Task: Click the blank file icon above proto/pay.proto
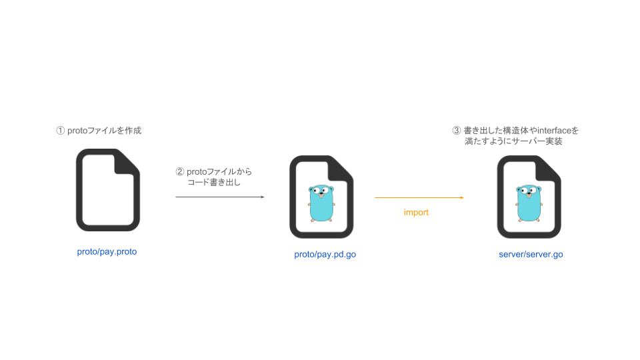pos(107,190)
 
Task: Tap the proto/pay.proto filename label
pos(107,252)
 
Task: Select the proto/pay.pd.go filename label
pos(325,255)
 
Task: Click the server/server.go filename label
pos(531,255)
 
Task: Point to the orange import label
pos(416,213)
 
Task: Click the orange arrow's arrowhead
pos(461,197)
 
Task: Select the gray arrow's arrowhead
pos(262,197)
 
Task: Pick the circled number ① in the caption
pos(60,131)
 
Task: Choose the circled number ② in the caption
pos(179,171)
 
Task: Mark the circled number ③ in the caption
pos(457,131)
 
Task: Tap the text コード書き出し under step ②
pos(213,182)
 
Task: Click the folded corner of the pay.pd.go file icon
pos(341,168)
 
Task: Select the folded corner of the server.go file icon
pos(548,168)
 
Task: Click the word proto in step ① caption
pos(77,131)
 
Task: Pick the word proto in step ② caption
pos(196,171)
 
